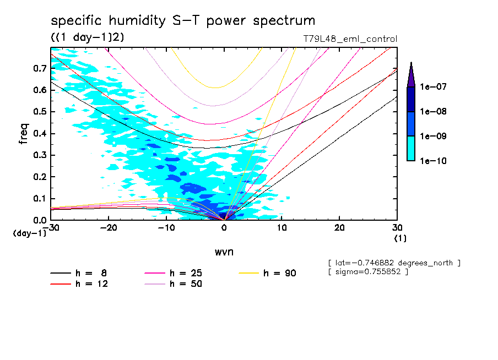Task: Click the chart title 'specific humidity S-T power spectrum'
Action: [x=183, y=21]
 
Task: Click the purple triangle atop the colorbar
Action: [x=410, y=74]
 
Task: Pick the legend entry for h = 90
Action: [x=268, y=273]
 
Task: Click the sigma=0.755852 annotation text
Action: [x=368, y=272]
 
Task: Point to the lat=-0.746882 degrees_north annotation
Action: [x=394, y=263]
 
